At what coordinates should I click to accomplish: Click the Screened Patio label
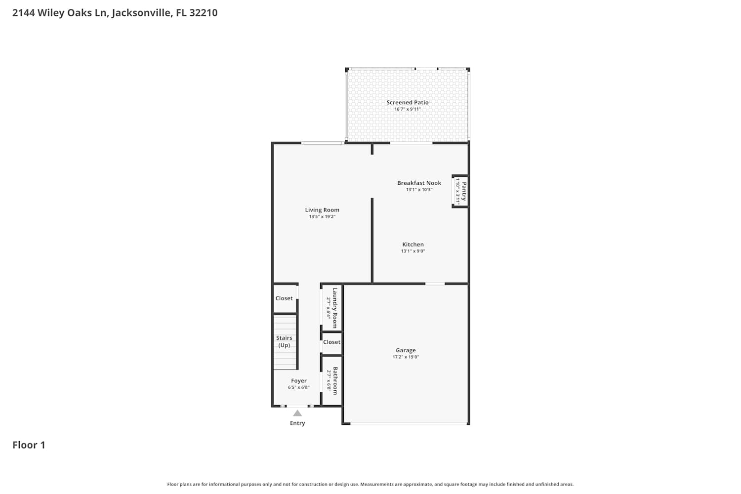pyautogui.click(x=408, y=103)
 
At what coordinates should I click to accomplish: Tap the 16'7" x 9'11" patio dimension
pyautogui.click(x=408, y=109)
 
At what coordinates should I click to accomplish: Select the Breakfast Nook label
pyautogui.click(x=419, y=183)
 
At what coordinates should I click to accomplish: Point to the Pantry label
pyautogui.click(x=464, y=191)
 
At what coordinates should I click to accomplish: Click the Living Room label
pyautogui.click(x=322, y=210)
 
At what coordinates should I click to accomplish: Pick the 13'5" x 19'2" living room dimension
pyautogui.click(x=322, y=217)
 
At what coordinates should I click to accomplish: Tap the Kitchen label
pyautogui.click(x=413, y=245)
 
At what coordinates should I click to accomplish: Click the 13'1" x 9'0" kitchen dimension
pyautogui.click(x=413, y=251)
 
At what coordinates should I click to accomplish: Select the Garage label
pyautogui.click(x=406, y=350)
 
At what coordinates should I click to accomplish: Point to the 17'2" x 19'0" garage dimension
pyautogui.click(x=406, y=357)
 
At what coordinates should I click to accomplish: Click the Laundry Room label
pyautogui.click(x=335, y=308)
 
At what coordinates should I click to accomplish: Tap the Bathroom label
pyautogui.click(x=335, y=381)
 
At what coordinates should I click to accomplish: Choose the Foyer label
pyautogui.click(x=299, y=381)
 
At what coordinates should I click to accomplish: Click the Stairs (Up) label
pyautogui.click(x=284, y=342)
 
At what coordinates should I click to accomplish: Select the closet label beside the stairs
pyautogui.click(x=284, y=298)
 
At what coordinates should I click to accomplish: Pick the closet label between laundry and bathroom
pyautogui.click(x=331, y=342)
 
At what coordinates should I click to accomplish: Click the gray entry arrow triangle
pyautogui.click(x=297, y=413)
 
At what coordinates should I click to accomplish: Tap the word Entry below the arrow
pyautogui.click(x=297, y=423)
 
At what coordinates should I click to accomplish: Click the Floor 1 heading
pyautogui.click(x=29, y=445)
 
